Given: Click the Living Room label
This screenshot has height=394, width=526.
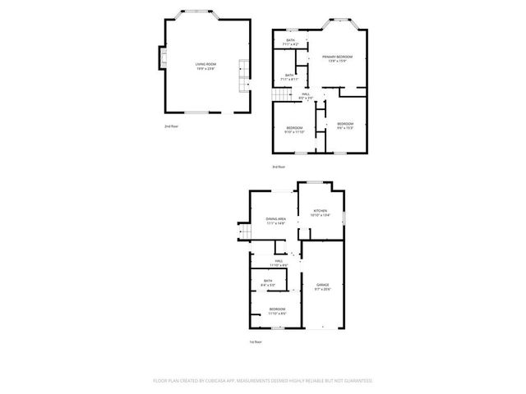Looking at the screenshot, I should pyautogui.click(x=205, y=66).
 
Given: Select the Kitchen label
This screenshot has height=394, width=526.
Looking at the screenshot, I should pyautogui.click(x=321, y=213).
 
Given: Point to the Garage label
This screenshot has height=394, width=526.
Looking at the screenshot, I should pyautogui.click(x=322, y=287).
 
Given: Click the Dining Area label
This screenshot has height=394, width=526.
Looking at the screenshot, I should pyautogui.click(x=275, y=221).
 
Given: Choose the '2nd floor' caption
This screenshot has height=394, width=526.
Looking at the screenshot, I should pyautogui.click(x=171, y=126).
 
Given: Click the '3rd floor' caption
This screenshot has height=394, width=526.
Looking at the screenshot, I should pyautogui.click(x=279, y=167).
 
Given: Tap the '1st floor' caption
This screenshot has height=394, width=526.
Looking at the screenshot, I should pyautogui.click(x=256, y=341).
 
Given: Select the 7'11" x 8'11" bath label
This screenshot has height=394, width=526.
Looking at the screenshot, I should pyautogui.click(x=289, y=76).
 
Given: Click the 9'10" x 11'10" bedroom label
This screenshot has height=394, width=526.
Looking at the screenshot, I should pyautogui.click(x=295, y=130).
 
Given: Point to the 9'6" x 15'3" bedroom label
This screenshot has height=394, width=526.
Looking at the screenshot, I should pyautogui.click(x=345, y=126).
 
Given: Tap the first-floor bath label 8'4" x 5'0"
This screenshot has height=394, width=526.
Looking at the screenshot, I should pyautogui.click(x=268, y=283).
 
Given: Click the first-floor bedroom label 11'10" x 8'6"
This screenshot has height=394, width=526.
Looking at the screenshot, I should pyautogui.click(x=276, y=310).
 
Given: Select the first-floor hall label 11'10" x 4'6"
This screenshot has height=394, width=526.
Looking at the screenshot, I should pyautogui.click(x=279, y=263).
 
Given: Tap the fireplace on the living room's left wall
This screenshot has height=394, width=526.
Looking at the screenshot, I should pyautogui.click(x=162, y=58).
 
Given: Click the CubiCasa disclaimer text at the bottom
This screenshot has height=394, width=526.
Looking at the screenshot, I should pyautogui.click(x=263, y=381).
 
